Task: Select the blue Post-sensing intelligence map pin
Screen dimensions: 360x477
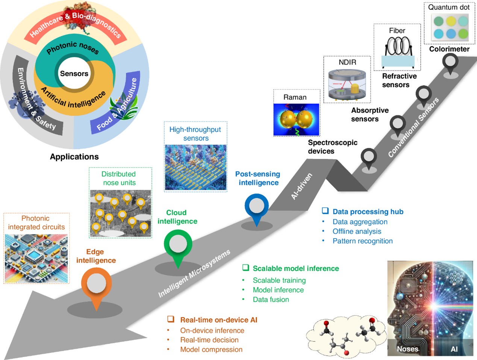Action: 256,207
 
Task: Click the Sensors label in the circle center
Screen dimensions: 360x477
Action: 74,74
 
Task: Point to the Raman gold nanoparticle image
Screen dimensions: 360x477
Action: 296,119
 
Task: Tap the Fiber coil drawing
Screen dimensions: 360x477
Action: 398,47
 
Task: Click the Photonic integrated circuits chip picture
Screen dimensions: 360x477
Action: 36,259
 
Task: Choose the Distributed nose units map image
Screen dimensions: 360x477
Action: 120,213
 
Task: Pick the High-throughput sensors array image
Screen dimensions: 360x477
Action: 195,167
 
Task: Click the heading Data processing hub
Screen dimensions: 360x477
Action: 368,212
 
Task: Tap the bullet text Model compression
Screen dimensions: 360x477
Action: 211,349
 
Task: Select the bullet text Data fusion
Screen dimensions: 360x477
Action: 271,299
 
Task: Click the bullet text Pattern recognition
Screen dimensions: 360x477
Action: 362,241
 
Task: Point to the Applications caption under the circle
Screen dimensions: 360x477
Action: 74,157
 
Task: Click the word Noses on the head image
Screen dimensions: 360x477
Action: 407,349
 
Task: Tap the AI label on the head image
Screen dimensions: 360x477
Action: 454,349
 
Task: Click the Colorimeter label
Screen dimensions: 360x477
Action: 449,49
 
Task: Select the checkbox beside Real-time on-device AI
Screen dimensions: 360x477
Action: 171,319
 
